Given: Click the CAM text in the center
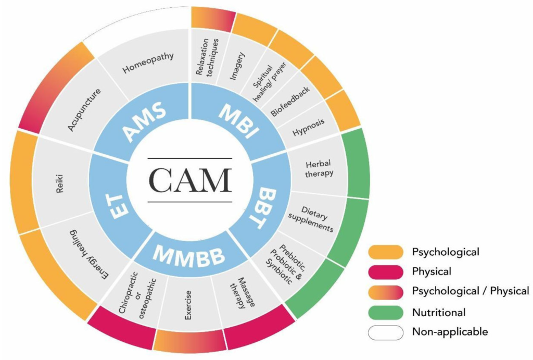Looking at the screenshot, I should coord(189,180).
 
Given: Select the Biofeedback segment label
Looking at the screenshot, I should coord(290,101).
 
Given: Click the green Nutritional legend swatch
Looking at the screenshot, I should coord(386,313).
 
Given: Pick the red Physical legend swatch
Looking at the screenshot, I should coord(386,271).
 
